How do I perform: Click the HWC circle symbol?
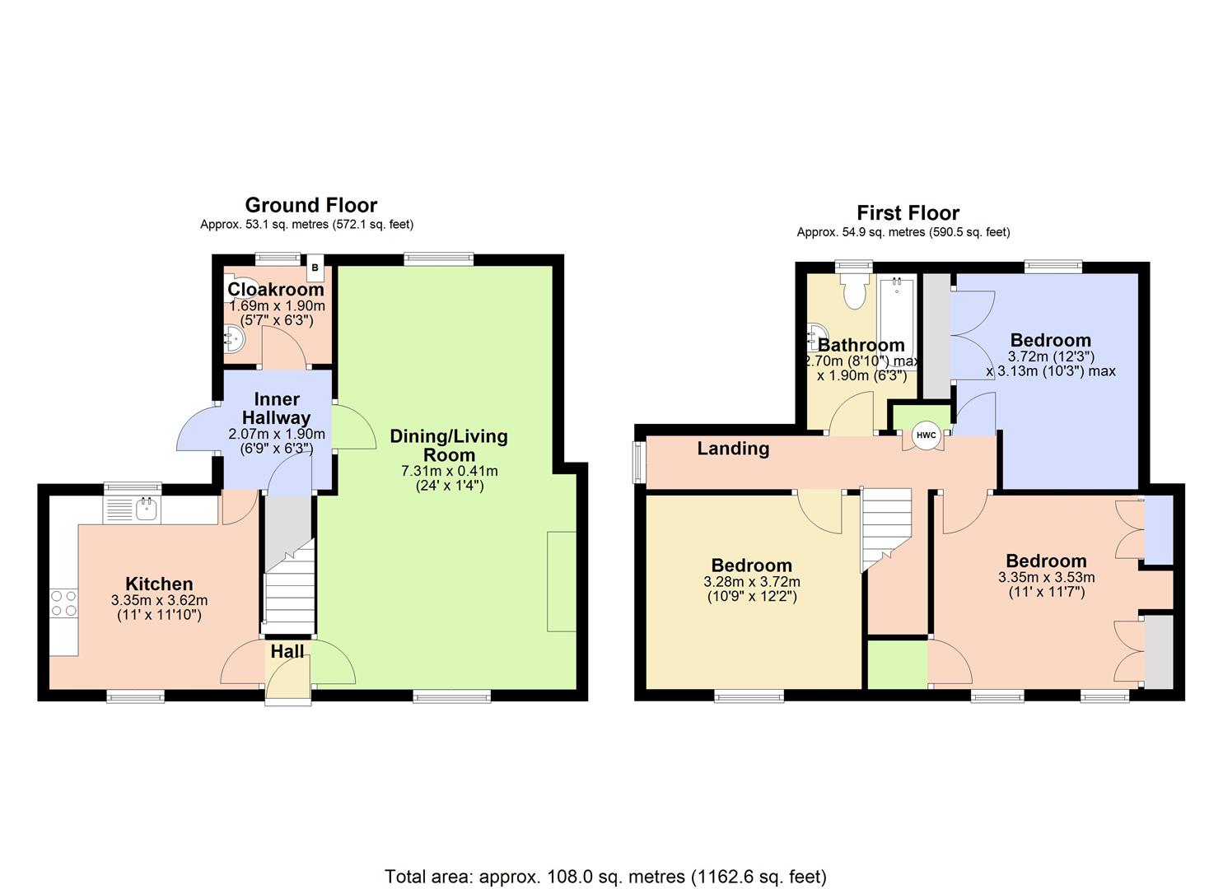pyautogui.click(x=927, y=435)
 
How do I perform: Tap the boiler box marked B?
pyautogui.click(x=315, y=268)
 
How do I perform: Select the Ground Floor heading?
pyautogui.click(x=310, y=205)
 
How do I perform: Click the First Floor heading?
pyautogui.click(x=908, y=213)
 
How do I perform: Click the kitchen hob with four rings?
pyautogui.click(x=63, y=603)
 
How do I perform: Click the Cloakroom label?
pyautogui.click(x=275, y=290)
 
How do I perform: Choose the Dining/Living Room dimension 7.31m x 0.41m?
pyautogui.click(x=449, y=471)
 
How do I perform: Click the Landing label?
pyautogui.click(x=733, y=449)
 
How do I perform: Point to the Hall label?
pyautogui.click(x=287, y=651)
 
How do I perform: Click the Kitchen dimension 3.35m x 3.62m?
pyautogui.click(x=159, y=600)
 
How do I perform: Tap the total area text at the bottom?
pyautogui.click(x=605, y=876)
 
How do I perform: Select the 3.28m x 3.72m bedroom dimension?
pyautogui.click(x=751, y=581)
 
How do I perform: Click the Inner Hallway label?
pyautogui.click(x=276, y=408)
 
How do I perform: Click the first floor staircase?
pyautogui.click(x=886, y=527)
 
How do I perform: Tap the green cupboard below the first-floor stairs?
pyautogui.click(x=898, y=663)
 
